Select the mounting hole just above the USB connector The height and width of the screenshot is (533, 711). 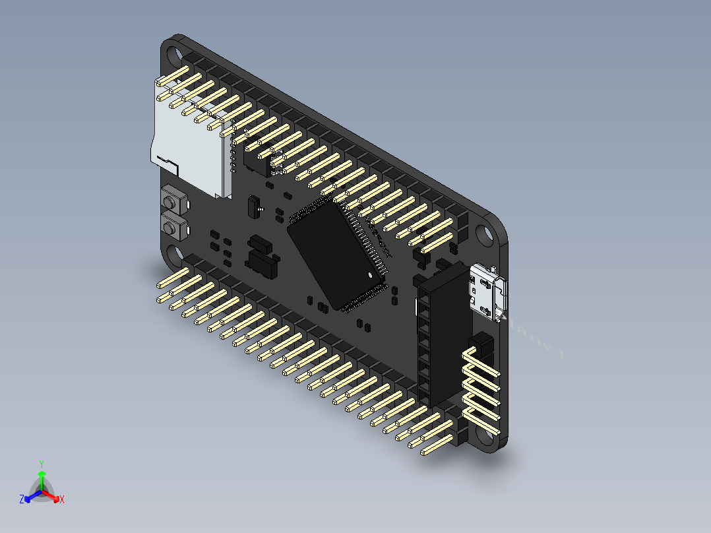pos(486,235)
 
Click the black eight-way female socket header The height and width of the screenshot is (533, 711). pos(440,336)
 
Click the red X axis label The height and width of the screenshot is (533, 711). pos(62,500)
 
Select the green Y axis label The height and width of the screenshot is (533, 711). pos(42,464)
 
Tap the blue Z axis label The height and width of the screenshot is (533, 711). pos(22,500)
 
